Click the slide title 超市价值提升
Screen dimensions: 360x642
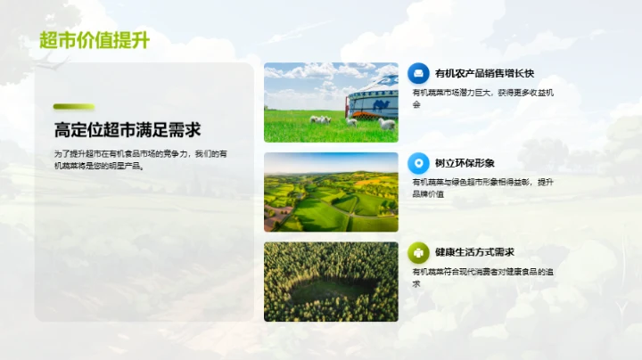[94, 41]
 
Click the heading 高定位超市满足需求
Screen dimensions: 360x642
[127, 130]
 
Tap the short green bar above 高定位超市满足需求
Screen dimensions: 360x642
[73, 107]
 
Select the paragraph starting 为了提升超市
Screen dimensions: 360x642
[140, 160]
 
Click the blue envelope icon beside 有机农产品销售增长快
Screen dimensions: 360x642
[417, 73]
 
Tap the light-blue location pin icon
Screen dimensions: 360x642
[417, 163]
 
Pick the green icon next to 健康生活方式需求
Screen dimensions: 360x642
[417, 252]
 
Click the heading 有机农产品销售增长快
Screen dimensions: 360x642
[484, 73]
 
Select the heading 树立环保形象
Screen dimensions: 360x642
[465, 163]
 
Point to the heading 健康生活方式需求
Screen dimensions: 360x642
[474, 252]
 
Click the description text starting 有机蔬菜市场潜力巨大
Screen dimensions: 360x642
[482, 98]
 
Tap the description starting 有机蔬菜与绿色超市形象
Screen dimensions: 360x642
[482, 187]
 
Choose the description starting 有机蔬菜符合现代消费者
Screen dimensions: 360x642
[482, 277]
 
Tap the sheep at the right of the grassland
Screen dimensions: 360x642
[386, 124]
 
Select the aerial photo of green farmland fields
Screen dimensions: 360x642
[331, 192]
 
